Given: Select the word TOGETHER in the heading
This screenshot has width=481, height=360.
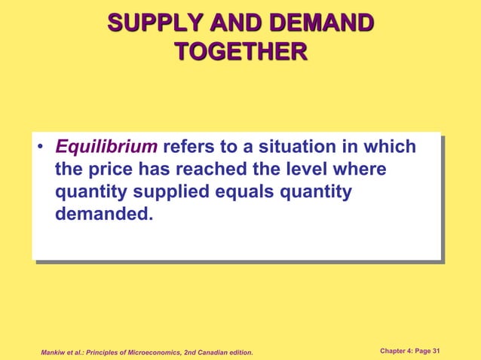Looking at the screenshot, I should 240,51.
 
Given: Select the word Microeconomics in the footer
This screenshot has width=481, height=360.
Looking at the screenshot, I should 160,352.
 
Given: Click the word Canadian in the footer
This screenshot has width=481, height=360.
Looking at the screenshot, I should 216,352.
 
